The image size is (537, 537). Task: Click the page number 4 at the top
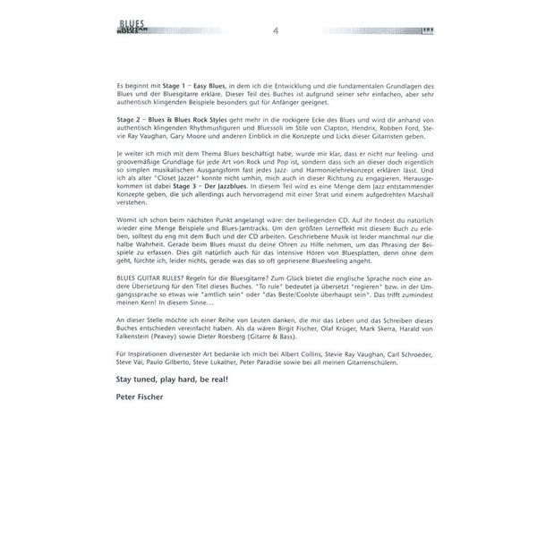point(276,32)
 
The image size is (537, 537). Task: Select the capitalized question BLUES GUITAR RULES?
point(152,279)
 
